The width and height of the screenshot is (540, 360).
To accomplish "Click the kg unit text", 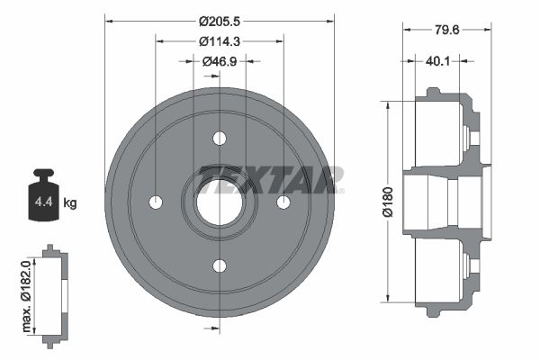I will (x=70, y=203).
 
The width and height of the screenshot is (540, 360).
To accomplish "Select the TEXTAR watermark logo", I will (x=270, y=179).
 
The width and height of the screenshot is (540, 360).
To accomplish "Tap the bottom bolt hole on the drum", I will (x=220, y=265).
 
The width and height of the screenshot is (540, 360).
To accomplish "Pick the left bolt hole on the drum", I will (x=156, y=202).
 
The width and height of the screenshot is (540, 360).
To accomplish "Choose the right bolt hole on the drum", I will (x=283, y=202).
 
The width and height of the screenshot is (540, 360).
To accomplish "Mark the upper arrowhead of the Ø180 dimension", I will (x=388, y=105).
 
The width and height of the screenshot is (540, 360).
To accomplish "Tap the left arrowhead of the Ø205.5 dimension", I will (x=109, y=20).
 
